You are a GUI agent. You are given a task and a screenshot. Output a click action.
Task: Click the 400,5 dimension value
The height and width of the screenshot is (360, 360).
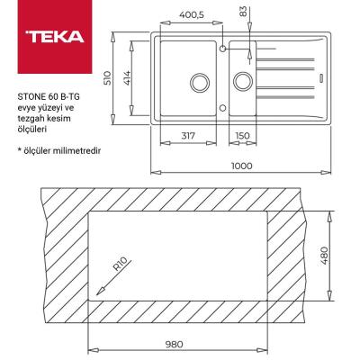click(x=189, y=13)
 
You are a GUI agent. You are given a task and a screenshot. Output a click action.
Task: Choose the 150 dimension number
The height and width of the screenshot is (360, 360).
click(x=241, y=137)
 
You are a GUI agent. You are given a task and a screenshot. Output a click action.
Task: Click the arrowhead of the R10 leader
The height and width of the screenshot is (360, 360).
click(x=99, y=291)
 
